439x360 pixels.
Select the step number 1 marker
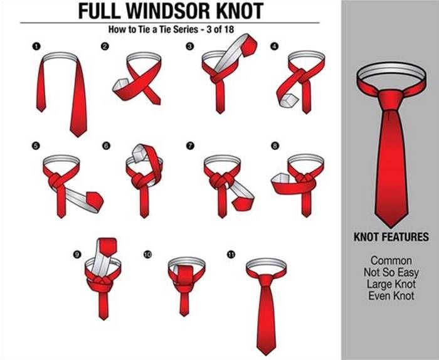point(36,46)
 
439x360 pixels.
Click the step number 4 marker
point(275,46)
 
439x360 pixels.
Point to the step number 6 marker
point(107,146)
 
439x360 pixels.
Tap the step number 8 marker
point(275,146)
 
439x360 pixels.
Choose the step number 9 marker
point(77,254)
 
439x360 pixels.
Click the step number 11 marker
point(231,255)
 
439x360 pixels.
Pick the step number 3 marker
point(190,46)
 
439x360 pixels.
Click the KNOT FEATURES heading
point(391,237)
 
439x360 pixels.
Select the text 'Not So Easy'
point(391,272)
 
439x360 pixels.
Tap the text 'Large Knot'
point(391,284)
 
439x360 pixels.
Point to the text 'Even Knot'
point(391,296)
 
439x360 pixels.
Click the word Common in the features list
point(391,261)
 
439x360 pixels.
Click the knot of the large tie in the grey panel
point(391,100)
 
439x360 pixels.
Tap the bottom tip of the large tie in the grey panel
point(391,227)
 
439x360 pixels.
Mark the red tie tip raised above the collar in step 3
point(249,45)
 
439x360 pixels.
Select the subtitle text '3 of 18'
point(220,29)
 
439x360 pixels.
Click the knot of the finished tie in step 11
point(266,280)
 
